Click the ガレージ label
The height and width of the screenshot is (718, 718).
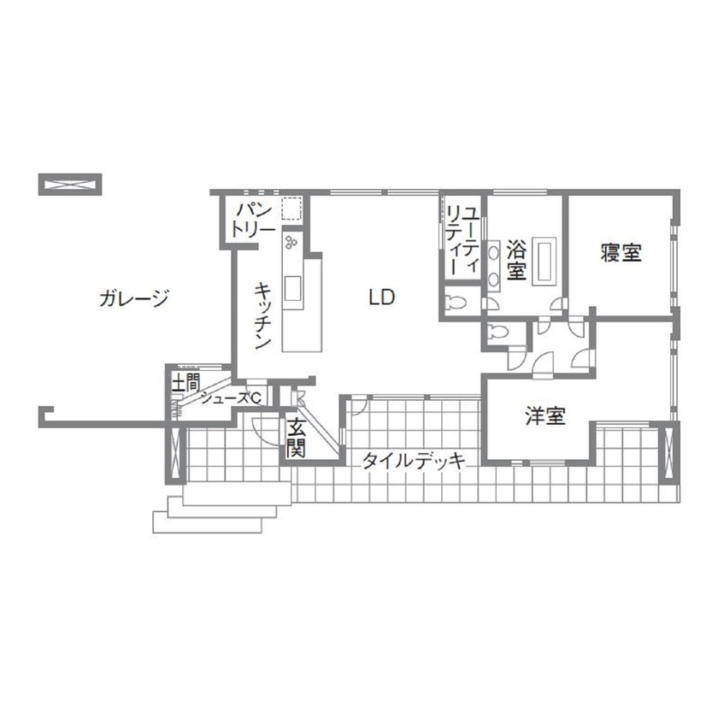pyautogui.click(x=133, y=298)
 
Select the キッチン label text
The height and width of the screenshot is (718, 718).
pyautogui.click(x=264, y=315)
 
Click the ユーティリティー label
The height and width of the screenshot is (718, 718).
pyautogui.click(x=462, y=238)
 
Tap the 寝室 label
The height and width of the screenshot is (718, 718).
pyautogui.click(x=621, y=252)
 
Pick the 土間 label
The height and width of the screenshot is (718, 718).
pyautogui.click(x=185, y=382)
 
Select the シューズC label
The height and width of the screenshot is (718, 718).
pyautogui.click(x=231, y=397)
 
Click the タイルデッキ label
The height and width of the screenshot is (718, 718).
pyautogui.click(x=413, y=462)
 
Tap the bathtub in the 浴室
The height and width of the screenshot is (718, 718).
pyautogui.click(x=545, y=259)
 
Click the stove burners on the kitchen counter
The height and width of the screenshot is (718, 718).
pyautogui.click(x=292, y=244)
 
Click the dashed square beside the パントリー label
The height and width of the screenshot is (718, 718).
pyautogui.click(x=291, y=210)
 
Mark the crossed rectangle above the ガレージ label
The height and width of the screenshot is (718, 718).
pyautogui.click(x=70, y=184)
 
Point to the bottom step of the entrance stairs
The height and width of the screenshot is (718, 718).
pyautogui.click(x=205, y=521)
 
